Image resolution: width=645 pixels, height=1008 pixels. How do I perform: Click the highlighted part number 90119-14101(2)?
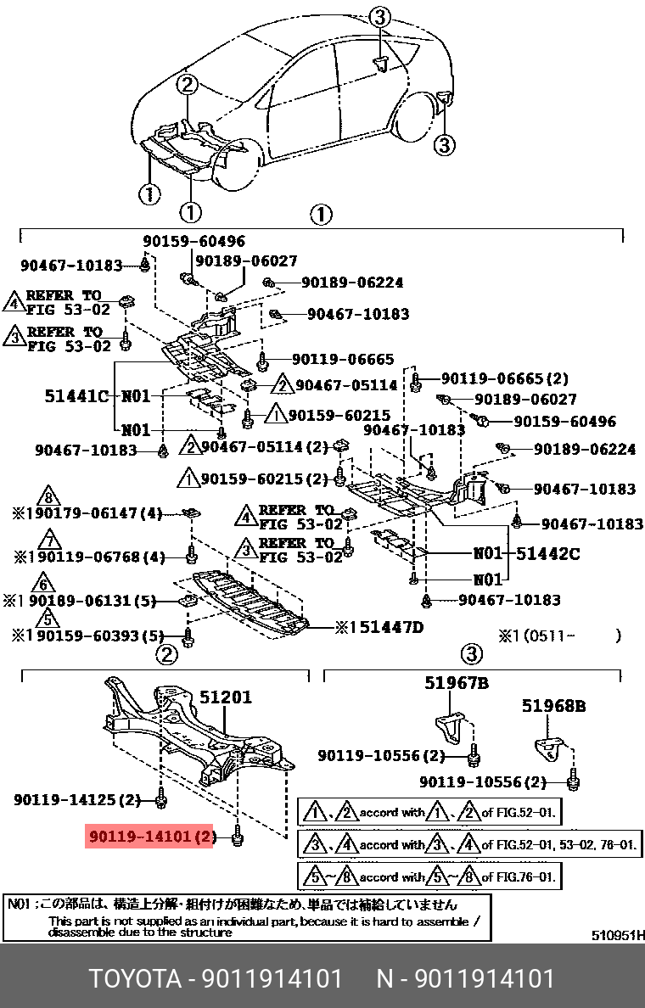tap(149, 838)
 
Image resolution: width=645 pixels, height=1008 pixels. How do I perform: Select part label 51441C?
tap(77, 395)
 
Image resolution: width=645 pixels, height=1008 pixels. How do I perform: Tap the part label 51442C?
tap(548, 554)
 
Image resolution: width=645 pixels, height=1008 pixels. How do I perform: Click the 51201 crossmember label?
tap(226, 697)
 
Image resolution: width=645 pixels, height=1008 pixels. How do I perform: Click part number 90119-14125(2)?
tap(77, 799)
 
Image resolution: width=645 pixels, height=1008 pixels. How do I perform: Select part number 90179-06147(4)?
tap(93, 514)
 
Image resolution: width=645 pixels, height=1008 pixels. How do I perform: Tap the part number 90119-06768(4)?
tap(93, 557)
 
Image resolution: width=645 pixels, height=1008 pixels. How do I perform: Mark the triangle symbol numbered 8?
tap(50, 497)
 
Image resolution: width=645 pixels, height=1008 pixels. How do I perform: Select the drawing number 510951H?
tap(618, 937)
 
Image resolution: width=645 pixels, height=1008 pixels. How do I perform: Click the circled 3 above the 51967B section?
tap(471, 654)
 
